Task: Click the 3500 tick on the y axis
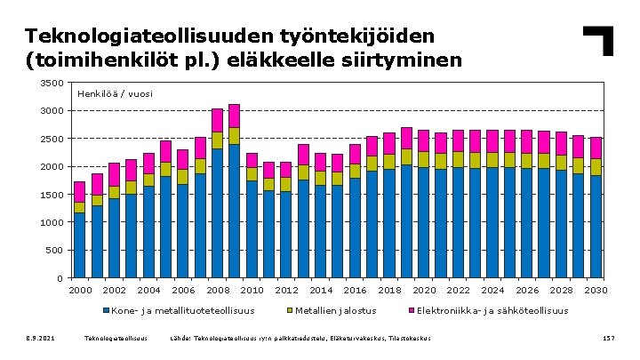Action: coord(52,83)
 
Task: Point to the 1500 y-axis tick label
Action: coord(52,195)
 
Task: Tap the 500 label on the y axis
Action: coord(55,251)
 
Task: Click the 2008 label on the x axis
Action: coord(217,291)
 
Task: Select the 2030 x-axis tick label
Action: coord(596,291)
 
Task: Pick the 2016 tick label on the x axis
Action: coord(355,291)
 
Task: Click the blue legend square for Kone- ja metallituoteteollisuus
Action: coord(106,311)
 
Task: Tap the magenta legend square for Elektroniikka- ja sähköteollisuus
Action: coord(411,311)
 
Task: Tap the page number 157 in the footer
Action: coord(609,339)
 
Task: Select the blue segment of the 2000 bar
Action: coord(80,245)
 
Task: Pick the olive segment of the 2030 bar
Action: coord(596,167)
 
